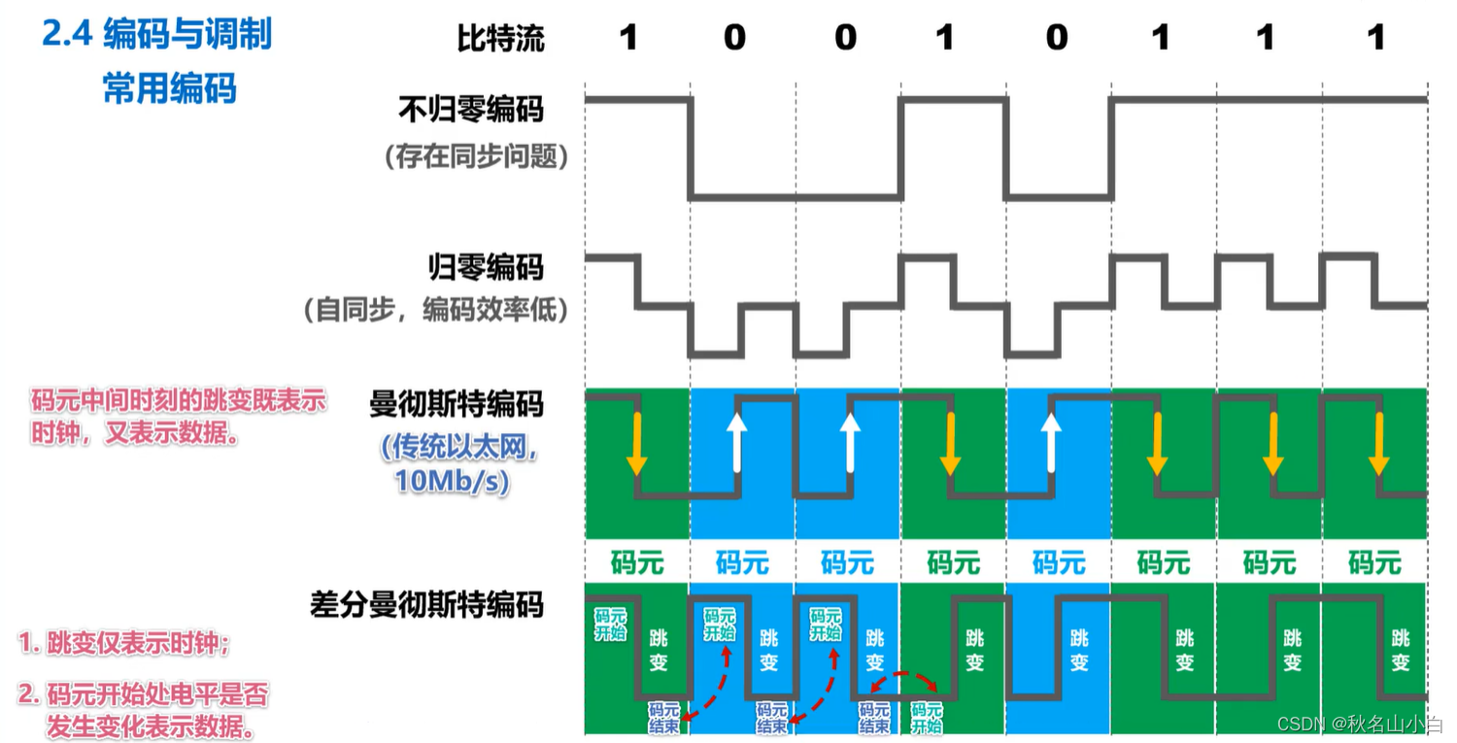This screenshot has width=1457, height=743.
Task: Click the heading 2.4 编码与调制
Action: coord(156,35)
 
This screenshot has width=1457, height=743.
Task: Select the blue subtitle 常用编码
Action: coord(169,89)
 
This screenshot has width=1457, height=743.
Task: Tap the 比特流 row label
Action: coord(500,38)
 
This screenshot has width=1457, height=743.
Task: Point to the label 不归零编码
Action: coord(470,110)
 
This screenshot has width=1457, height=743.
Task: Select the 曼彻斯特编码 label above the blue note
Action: coord(457,403)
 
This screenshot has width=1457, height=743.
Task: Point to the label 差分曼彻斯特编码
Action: coord(426,605)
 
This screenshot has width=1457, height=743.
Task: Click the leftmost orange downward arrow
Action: coord(635,444)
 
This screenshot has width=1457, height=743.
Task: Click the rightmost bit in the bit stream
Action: coord(1374,38)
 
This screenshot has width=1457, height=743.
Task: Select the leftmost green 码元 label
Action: coord(635,561)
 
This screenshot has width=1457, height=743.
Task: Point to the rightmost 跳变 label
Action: coord(1400,650)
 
